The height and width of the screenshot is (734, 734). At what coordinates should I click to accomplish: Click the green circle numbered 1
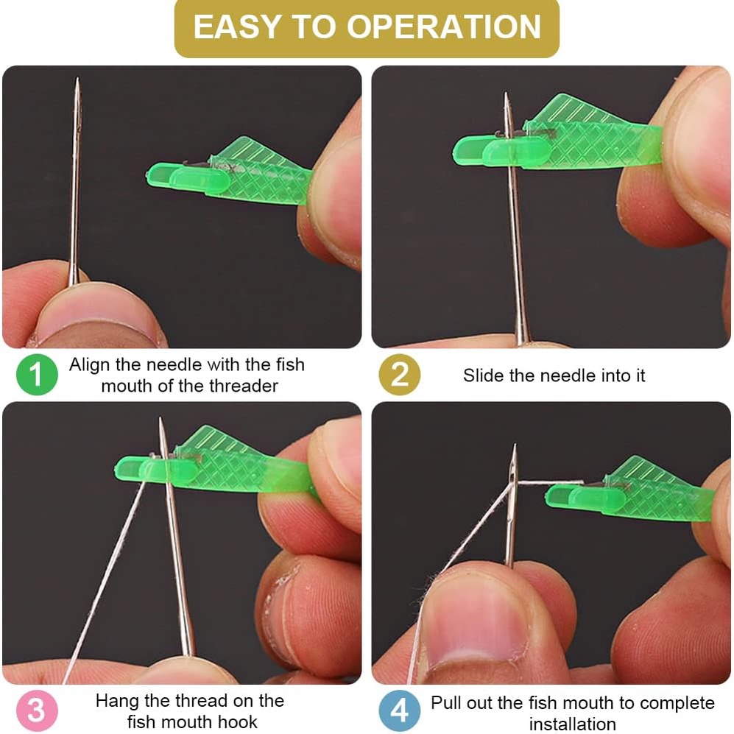pyautogui.click(x=37, y=375)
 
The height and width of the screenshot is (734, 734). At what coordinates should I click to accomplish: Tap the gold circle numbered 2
pyautogui.click(x=399, y=375)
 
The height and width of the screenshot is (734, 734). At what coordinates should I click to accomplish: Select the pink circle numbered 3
pyautogui.click(x=37, y=710)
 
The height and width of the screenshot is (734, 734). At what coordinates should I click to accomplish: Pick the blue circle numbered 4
pyautogui.click(x=399, y=710)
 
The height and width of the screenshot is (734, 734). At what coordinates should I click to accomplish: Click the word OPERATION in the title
pyautogui.click(x=444, y=27)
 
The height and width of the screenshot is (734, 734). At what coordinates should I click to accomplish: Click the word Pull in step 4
pyautogui.click(x=446, y=702)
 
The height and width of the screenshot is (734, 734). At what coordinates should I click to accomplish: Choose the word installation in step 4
pyautogui.click(x=572, y=724)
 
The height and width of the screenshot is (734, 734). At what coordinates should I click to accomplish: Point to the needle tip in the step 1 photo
pyautogui.click(x=78, y=79)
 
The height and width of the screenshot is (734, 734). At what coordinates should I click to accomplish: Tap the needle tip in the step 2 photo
pyautogui.click(x=506, y=93)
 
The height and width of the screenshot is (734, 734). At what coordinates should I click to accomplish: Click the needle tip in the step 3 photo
pyautogui.click(x=160, y=418)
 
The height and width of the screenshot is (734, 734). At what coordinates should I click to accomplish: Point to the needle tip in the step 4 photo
pyautogui.click(x=515, y=445)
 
